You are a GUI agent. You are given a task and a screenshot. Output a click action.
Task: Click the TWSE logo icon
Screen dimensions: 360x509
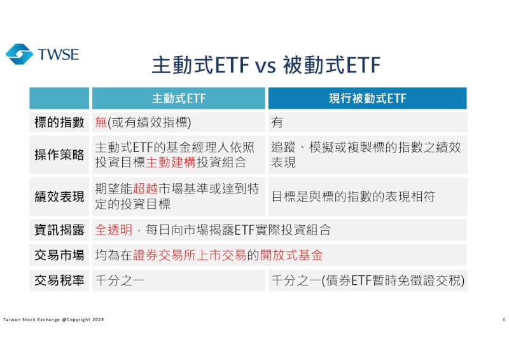click(19, 54)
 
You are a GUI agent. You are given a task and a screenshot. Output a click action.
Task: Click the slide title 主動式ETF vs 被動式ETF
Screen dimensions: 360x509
click(266, 65)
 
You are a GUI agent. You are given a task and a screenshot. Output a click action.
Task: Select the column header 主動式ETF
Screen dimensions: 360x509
click(178, 99)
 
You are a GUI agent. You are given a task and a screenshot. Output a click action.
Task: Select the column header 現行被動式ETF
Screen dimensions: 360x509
click(367, 99)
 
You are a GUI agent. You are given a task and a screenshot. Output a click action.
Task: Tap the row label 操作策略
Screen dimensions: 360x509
click(59, 155)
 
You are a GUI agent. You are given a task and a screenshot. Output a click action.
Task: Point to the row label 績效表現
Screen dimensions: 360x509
click(59, 197)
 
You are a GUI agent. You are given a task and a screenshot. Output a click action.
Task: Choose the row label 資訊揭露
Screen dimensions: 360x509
click(59, 230)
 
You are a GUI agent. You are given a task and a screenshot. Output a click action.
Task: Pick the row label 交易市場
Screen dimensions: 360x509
click(59, 255)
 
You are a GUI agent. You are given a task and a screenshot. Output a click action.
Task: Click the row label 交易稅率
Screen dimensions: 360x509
click(59, 280)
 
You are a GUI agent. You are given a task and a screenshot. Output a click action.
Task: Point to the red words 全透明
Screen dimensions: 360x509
click(113, 230)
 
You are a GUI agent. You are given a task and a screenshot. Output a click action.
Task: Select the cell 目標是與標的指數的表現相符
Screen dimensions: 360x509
click(353, 197)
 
